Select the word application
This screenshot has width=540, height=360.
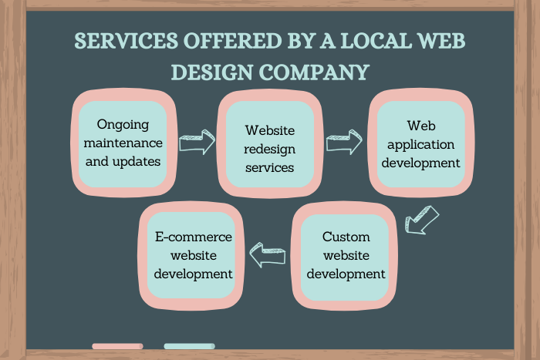tap(420, 143)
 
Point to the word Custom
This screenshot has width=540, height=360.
tap(346, 237)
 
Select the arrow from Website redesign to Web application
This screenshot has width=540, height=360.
tap(344, 142)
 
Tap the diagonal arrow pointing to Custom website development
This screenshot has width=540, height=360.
tap(421, 217)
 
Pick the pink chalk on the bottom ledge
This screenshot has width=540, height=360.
tap(117, 346)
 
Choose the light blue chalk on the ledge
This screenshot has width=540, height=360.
tap(189, 346)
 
